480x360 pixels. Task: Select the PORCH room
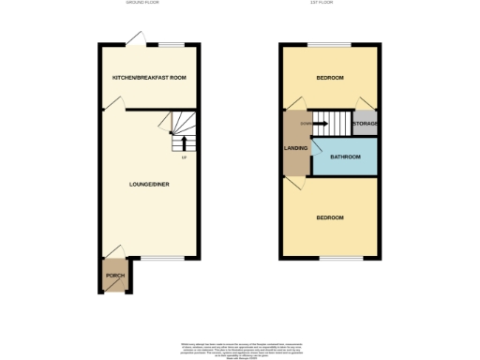[x=115, y=276]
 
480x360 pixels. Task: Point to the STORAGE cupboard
[x=364, y=123]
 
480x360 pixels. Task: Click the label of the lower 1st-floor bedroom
[x=329, y=217]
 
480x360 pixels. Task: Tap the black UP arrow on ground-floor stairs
[x=184, y=142]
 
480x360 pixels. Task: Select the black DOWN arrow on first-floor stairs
[x=321, y=123]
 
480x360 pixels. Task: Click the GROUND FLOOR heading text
[x=142, y=4]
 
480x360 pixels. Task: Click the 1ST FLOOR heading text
[x=330, y=4]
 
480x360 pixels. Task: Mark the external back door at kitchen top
[x=137, y=37]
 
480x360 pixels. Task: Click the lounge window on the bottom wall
[x=155, y=258]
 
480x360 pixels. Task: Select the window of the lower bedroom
[x=341, y=258]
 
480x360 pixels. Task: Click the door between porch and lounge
[x=114, y=251]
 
